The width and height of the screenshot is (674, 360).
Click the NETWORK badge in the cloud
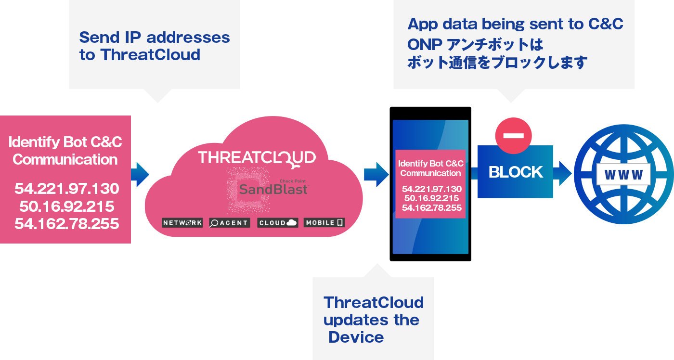pos(182,222)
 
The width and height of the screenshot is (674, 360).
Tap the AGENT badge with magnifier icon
pos(230,222)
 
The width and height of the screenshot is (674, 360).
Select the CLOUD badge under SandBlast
pos(278,222)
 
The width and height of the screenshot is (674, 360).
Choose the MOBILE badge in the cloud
pos(324,222)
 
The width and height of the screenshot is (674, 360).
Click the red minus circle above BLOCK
pos(513,136)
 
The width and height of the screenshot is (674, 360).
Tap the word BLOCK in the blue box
pos(516,172)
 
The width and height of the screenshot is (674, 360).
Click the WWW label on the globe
pos(623,174)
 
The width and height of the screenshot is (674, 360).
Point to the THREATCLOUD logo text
pos(257,158)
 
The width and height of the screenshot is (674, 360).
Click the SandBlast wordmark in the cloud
pos(273,189)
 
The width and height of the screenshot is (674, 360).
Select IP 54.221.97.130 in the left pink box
pos(67,189)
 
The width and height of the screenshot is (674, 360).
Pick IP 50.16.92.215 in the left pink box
pos(67,206)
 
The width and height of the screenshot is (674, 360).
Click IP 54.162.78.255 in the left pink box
pos(67,224)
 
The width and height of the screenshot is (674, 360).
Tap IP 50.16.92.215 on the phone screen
pos(431,198)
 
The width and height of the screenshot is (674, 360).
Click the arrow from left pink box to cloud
pos(140,174)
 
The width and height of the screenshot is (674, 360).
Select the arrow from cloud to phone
pos(376,174)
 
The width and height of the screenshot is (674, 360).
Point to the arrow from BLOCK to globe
pos(562,174)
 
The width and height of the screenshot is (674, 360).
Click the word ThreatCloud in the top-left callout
pos(150,55)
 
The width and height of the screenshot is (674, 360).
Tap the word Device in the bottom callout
pos(356,337)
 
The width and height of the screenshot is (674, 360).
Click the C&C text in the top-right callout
pos(606,24)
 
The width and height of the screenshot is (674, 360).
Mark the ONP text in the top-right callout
pos(425,44)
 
